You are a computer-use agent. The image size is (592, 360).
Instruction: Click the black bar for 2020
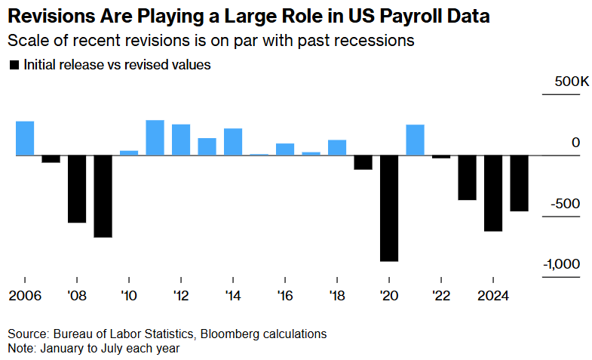389,208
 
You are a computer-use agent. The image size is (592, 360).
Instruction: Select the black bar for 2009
103,196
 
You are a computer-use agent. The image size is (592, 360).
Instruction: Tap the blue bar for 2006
25,138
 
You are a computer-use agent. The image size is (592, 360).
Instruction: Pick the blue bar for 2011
155,137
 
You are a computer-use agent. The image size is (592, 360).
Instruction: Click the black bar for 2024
493,192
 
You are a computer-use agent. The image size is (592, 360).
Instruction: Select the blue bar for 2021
415,140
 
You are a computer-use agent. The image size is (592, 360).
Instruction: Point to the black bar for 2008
77,189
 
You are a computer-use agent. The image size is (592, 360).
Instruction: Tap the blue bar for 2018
337,147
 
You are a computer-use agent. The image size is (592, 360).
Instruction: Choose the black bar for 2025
519,183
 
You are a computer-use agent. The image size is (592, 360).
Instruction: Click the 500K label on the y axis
561,82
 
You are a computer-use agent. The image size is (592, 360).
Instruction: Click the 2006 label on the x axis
25,295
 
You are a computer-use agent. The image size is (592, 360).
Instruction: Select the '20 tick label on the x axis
389,295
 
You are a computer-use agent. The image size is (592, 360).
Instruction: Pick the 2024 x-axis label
493,295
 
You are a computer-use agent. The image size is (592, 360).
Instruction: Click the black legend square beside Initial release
13,66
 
